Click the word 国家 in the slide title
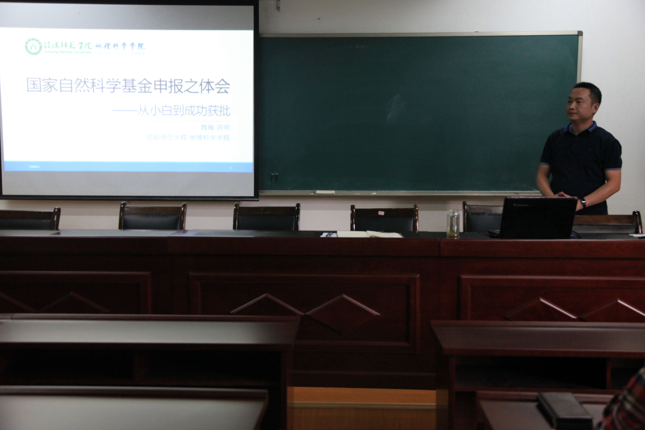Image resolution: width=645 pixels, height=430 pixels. (x=42, y=85)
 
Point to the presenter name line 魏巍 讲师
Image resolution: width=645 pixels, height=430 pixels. (x=215, y=127)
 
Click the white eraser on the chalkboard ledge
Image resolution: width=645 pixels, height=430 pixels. (x=325, y=192)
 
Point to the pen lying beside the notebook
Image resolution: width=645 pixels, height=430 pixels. (x=328, y=235)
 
